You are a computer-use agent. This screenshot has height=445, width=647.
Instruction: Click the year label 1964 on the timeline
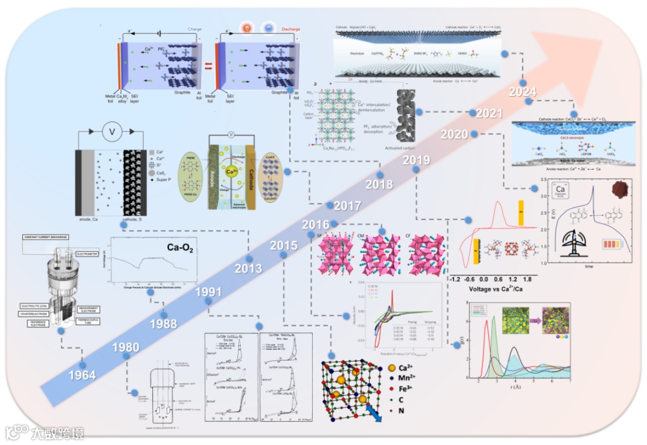(82, 375)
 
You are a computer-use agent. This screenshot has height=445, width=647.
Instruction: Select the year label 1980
(125, 347)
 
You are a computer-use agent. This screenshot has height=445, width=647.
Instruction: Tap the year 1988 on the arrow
(164, 324)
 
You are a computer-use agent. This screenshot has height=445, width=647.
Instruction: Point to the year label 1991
(208, 293)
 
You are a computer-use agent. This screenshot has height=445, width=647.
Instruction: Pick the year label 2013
(248, 268)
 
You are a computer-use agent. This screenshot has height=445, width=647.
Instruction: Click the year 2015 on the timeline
(283, 245)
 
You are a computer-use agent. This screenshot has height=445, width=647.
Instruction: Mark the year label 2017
(347, 206)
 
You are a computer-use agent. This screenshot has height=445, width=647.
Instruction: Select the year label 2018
(380, 183)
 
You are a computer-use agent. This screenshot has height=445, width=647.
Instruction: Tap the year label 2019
(416, 160)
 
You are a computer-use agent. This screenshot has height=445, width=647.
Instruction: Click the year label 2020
(454, 134)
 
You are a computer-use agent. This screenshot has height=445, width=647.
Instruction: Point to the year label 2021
(485, 113)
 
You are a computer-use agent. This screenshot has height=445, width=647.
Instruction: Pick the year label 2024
(522, 92)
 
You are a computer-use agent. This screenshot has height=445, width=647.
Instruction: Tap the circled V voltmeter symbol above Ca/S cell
(111, 131)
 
